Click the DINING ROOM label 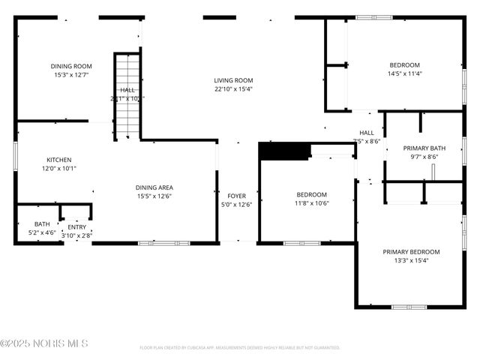click(x=70, y=66)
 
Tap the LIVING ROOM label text click(x=233, y=80)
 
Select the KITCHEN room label click(x=59, y=160)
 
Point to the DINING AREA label click(x=154, y=187)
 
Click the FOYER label click(x=236, y=196)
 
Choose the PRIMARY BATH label click(x=424, y=148)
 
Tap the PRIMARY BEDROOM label click(x=411, y=252)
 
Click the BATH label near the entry click(x=42, y=224)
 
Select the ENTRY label click(x=77, y=227)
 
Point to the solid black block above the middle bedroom click(x=284, y=151)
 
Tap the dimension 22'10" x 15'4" click(x=233, y=89)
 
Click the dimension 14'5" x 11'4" click(x=404, y=73)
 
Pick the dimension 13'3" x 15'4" click(x=411, y=261)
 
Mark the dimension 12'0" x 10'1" click(x=59, y=169)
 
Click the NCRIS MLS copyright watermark click(x=44, y=343)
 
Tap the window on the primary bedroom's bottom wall click(x=409, y=306)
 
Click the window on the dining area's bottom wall click(x=155, y=243)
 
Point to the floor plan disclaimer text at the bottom click(x=240, y=348)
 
